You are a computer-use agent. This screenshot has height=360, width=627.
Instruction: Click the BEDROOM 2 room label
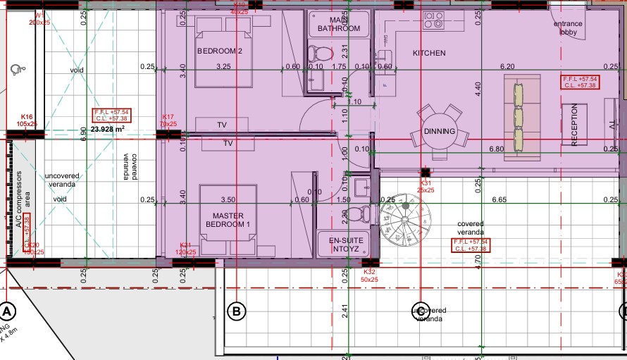point(219,51)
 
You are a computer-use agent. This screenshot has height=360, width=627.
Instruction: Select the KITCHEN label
point(429,53)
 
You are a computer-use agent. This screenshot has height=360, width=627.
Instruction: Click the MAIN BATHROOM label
point(338,24)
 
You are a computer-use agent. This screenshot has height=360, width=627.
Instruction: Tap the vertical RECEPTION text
point(574,125)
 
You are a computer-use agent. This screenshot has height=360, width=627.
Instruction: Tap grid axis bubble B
point(236,311)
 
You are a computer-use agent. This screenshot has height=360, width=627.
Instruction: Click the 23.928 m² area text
point(108,129)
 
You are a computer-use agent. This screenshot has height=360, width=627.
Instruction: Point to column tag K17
point(168,120)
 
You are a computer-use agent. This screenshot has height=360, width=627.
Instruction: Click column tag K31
point(425,186)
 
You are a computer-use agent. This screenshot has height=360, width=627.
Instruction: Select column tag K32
point(368,275)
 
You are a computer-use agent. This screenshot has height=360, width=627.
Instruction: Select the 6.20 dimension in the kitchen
point(507,66)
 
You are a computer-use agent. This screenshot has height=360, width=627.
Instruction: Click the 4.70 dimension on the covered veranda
point(478,262)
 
